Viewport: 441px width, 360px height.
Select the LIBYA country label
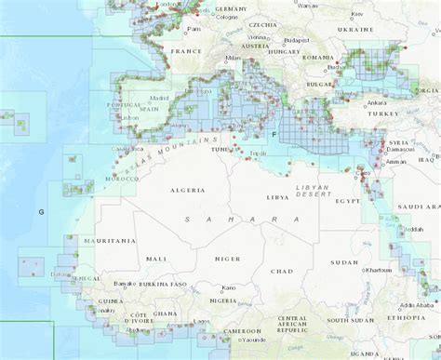pyautogui.click(x=277, y=197)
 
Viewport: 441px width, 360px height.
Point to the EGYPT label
pyautogui.click(x=347, y=200)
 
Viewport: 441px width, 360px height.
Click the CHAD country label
pyautogui.click(x=281, y=271)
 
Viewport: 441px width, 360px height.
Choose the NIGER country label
pyautogui.click(x=227, y=259)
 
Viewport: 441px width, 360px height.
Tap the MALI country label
pyautogui.click(x=155, y=258)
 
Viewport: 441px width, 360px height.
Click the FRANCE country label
pyautogui.click(x=187, y=51)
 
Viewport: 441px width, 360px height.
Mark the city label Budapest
pyautogui.click(x=298, y=41)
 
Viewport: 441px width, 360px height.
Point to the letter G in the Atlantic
pyautogui.click(x=41, y=212)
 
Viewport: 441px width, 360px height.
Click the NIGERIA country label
pyautogui.click(x=220, y=300)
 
